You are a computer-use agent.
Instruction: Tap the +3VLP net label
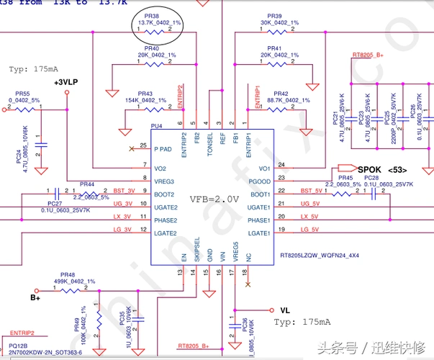(65, 83)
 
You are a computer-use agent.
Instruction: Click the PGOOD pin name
(259, 181)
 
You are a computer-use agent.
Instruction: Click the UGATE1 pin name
(258, 207)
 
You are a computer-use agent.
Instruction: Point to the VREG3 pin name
(165, 181)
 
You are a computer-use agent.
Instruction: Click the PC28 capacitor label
(371, 177)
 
